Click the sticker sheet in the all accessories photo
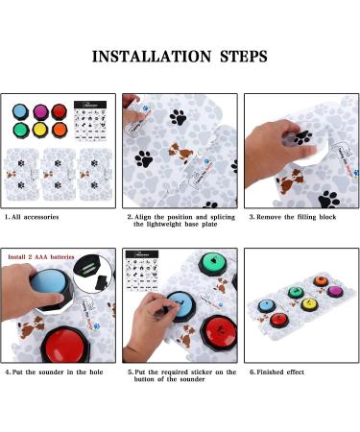pos(93,121)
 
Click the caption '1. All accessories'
pos(35,218)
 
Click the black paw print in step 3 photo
pos(329,199)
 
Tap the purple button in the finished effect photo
pos(334,291)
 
